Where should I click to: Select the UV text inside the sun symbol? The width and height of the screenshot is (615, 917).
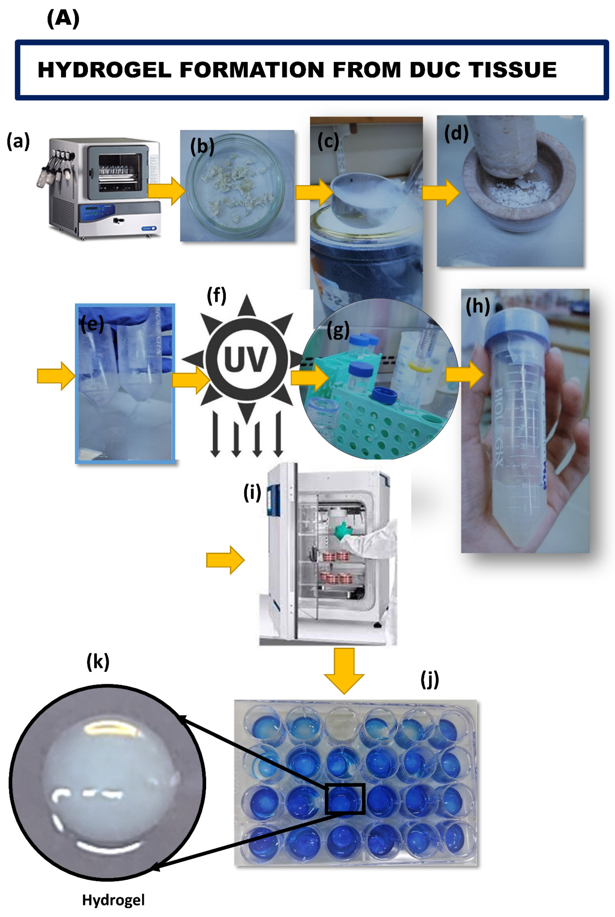click(246, 359)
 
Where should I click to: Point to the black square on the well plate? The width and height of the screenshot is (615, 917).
click(345, 798)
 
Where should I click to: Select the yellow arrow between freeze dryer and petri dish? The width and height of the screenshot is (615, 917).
click(166, 191)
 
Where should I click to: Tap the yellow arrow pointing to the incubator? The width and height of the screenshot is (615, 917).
click(225, 560)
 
